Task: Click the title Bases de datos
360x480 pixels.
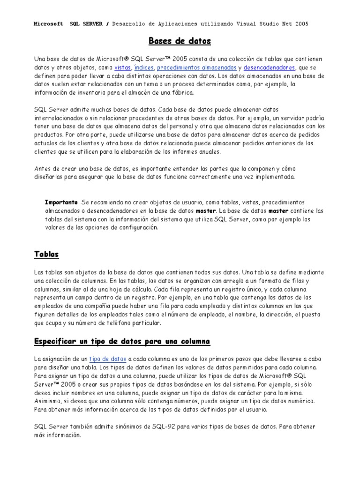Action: pos(180,41)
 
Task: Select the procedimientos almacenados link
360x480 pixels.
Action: pos(197,67)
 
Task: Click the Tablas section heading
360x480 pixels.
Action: pos(46,254)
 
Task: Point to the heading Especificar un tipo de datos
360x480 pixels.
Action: pos(122,341)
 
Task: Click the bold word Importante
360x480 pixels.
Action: pos(61,202)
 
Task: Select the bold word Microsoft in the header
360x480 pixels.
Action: pos(48,24)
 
